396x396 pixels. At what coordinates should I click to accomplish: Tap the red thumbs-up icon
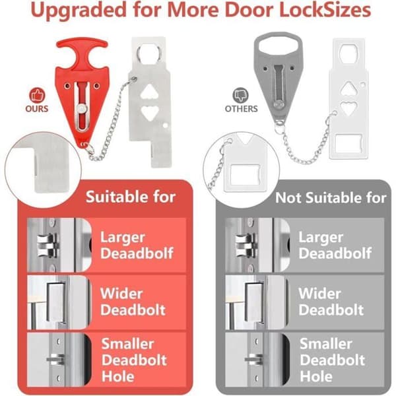[37, 96]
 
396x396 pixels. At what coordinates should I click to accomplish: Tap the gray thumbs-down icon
[240, 95]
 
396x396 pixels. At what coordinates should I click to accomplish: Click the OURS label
[37, 109]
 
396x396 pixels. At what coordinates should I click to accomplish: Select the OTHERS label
[241, 109]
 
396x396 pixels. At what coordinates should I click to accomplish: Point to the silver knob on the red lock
[82, 110]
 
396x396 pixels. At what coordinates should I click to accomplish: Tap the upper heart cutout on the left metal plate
[150, 92]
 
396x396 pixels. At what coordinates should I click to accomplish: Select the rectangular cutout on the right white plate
[348, 143]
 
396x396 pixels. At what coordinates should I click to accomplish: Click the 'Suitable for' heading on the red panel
[131, 197]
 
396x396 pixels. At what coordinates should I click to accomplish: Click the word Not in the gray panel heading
[288, 198]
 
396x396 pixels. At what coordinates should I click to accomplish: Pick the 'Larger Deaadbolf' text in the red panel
[137, 245]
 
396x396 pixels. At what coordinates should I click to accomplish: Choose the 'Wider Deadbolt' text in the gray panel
[331, 302]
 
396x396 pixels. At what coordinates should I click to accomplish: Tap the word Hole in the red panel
[117, 376]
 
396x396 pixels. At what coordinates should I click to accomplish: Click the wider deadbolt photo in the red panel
[58, 302]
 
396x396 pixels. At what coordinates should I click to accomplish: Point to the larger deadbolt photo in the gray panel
[257, 245]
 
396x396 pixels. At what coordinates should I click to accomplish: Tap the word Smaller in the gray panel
[326, 344]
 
